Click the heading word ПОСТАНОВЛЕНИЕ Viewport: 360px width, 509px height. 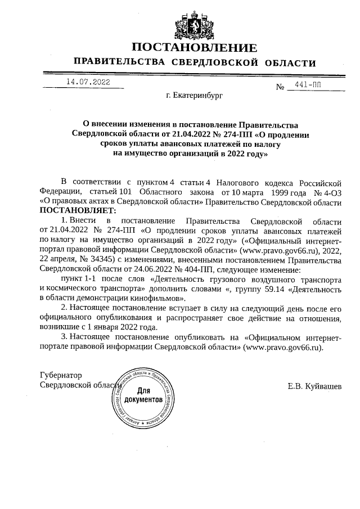pyautogui.click(x=194, y=47)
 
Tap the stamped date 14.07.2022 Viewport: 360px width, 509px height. pyautogui.click(x=88, y=82)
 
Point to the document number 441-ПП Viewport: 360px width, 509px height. pyautogui.click(x=308, y=85)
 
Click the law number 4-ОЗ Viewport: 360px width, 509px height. pyautogui.click(x=331, y=192)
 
